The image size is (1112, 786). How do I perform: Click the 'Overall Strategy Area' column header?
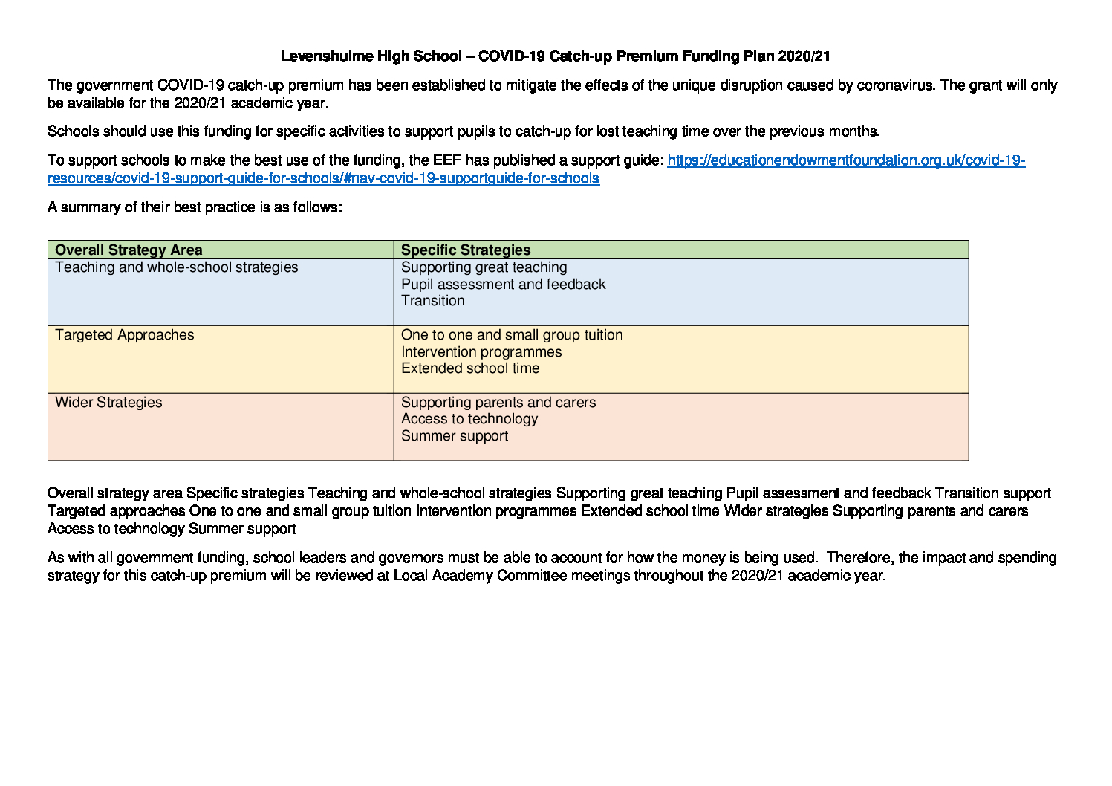pyautogui.click(x=129, y=250)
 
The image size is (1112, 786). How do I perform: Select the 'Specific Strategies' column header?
pyautogui.click(x=466, y=250)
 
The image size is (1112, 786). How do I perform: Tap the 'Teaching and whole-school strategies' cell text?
pyautogui.click(x=177, y=267)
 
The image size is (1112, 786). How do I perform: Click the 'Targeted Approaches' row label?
pyautogui.click(x=125, y=335)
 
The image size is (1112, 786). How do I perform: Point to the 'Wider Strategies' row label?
pyautogui.click(x=108, y=403)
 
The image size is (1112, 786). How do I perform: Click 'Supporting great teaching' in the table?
pyautogui.click(x=484, y=267)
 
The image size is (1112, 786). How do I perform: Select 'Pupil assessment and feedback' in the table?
pyautogui.click(x=503, y=285)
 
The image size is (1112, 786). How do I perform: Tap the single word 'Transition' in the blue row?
pyautogui.click(x=432, y=301)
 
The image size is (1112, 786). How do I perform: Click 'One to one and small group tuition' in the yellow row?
pyautogui.click(x=512, y=335)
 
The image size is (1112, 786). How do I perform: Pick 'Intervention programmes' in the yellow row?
pyautogui.click(x=481, y=352)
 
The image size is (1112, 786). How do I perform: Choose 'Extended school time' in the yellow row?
pyautogui.click(x=470, y=368)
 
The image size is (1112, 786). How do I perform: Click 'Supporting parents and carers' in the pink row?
pyautogui.click(x=498, y=403)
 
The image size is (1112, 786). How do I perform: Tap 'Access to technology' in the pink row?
pyautogui.click(x=469, y=419)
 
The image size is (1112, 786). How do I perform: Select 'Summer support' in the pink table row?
pyautogui.click(x=455, y=436)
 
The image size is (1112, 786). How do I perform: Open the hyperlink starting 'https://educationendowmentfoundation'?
pyautogui.click(x=845, y=160)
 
